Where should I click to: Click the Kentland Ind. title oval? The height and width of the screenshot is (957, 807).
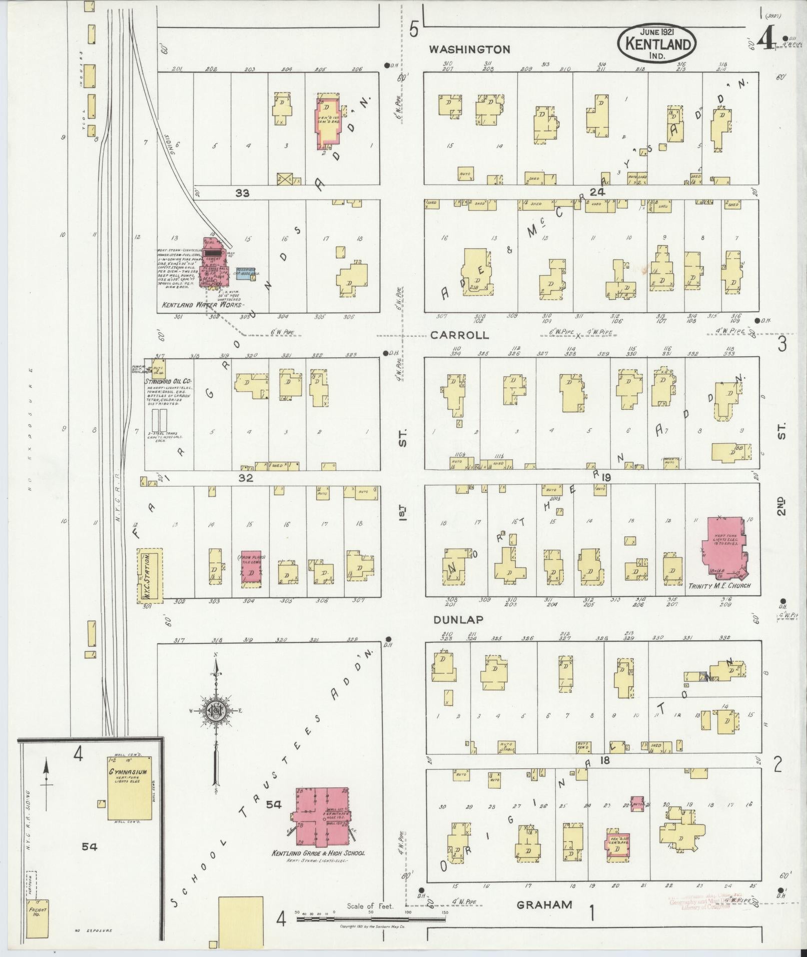click(x=657, y=43)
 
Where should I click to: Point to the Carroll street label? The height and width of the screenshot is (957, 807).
click(x=460, y=335)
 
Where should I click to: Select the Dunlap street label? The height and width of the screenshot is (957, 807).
click(x=458, y=619)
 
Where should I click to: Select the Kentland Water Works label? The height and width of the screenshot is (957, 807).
click(x=201, y=305)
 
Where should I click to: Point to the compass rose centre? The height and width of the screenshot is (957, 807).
click(x=217, y=711)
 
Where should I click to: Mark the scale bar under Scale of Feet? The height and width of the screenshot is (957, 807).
click(x=370, y=919)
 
